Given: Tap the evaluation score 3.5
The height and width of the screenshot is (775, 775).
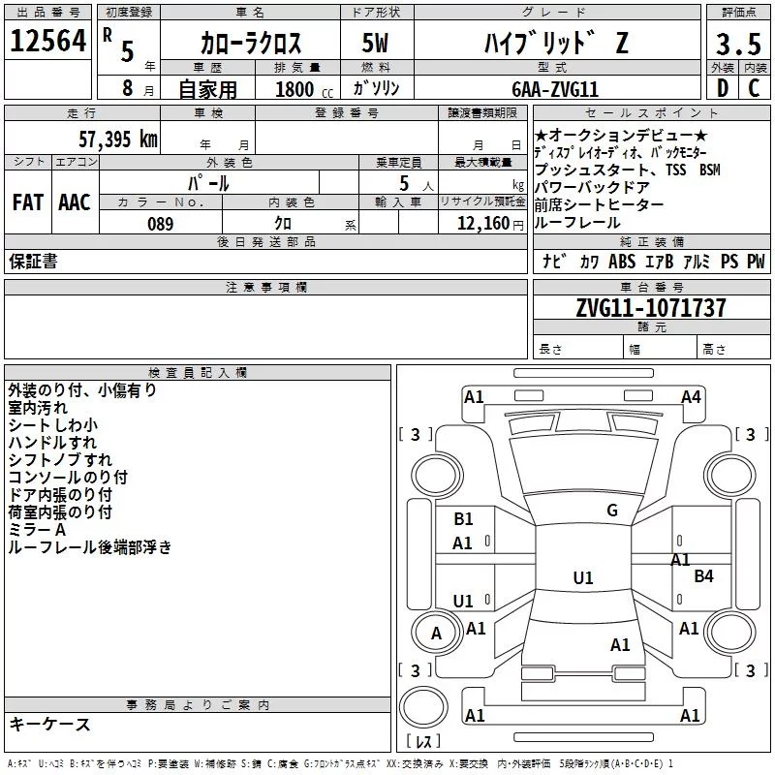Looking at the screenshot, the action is [x=736, y=44].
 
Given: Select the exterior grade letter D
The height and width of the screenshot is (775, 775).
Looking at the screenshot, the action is [x=720, y=88].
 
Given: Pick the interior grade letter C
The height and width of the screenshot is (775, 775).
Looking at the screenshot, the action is [x=754, y=88].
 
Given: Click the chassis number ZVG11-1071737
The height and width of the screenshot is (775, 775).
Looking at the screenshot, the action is [x=651, y=308].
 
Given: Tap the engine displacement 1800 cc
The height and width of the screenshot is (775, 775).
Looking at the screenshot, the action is [x=295, y=89].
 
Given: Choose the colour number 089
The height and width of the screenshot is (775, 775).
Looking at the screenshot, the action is [x=160, y=224].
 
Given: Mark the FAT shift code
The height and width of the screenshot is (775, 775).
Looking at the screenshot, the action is [x=27, y=201].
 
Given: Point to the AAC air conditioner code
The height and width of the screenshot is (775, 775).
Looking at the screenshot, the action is [x=75, y=201].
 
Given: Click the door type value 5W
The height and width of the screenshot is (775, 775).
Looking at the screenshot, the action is [x=375, y=44].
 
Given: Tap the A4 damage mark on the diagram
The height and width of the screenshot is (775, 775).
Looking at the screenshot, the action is [x=691, y=396].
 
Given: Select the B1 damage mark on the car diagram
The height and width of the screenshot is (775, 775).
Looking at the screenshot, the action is [x=463, y=519].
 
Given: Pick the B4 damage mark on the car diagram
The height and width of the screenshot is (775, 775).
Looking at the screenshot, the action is [x=703, y=576].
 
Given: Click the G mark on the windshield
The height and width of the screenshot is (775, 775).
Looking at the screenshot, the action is [x=611, y=511].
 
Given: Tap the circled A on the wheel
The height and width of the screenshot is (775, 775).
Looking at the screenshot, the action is [x=436, y=634].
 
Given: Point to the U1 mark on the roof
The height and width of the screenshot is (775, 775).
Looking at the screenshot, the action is [x=582, y=578].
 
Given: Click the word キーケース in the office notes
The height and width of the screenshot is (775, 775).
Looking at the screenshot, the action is [x=50, y=724].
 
